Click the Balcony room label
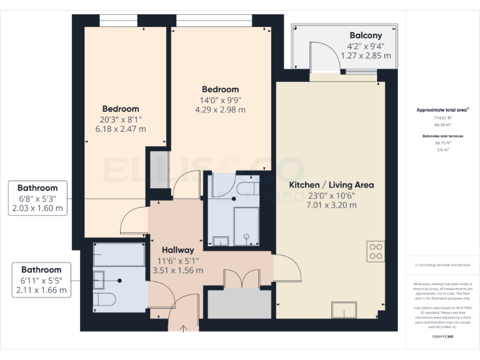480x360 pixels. [x=366, y=36]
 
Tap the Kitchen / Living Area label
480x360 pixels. [x=331, y=185]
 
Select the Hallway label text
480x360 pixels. [x=177, y=250]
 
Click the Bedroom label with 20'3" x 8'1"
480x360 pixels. [x=121, y=109]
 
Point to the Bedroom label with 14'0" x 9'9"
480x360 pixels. [x=220, y=89]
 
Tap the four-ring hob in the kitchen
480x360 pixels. [x=376, y=251]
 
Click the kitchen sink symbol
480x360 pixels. [x=344, y=310]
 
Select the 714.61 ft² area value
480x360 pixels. [x=443, y=117]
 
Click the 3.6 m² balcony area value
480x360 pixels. [x=443, y=149]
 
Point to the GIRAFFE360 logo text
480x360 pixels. [x=443, y=337]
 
